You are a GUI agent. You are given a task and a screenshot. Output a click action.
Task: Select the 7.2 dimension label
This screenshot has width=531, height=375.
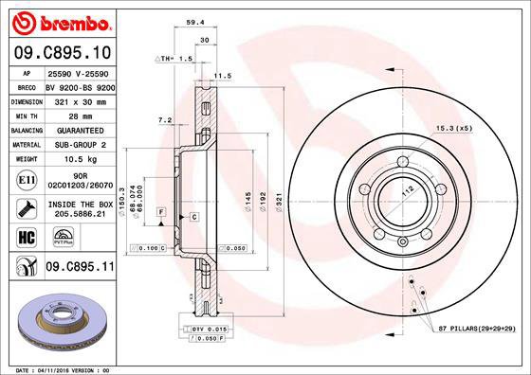(163, 120)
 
